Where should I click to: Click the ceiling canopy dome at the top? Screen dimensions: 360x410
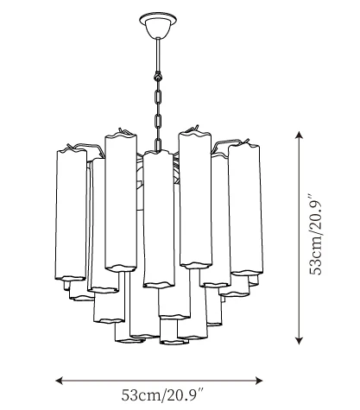click(x=158, y=28)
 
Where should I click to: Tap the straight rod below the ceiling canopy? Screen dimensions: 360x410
click(x=158, y=54)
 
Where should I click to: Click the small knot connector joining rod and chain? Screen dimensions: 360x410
click(x=158, y=76)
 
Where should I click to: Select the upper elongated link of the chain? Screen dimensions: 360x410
click(x=158, y=98)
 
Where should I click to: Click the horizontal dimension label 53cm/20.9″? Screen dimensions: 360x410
click(x=162, y=394)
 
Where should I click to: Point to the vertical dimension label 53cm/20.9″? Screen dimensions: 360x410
click(x=315, y=236)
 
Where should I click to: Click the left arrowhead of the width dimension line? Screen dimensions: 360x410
click(x=60, y=381)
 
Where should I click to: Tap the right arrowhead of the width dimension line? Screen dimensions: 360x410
click(x=259, y=381)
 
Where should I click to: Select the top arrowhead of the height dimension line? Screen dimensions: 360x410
click(x=300, y=136)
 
